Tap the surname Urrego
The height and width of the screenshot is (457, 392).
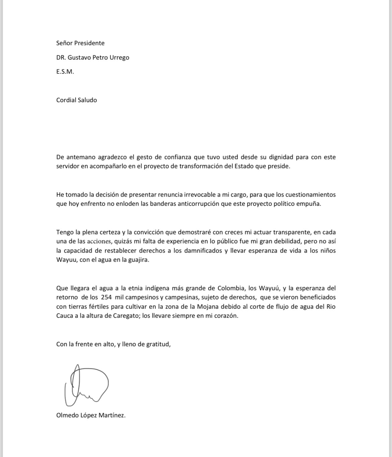119,57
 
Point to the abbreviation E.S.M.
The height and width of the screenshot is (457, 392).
65,71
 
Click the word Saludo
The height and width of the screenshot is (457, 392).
87,100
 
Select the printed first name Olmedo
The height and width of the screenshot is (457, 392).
67,415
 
